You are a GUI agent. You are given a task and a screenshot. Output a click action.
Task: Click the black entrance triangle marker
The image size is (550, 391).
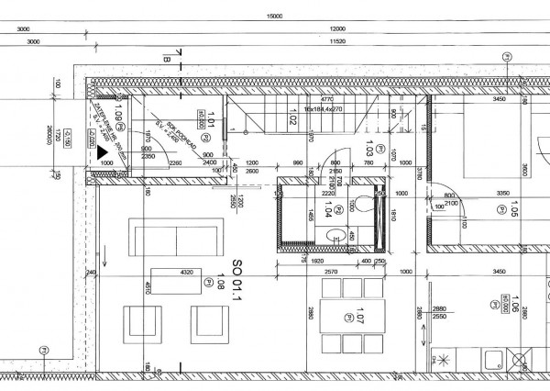[x=104, y=153]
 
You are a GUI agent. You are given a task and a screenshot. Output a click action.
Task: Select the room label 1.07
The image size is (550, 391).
[x=360, y=323]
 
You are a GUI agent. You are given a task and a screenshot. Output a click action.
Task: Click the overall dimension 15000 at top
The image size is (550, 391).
[x=273, y=16]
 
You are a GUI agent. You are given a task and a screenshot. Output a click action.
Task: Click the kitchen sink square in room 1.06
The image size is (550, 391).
[x=523, y=357]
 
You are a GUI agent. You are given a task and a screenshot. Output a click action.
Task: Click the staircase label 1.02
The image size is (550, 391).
[x=292, y=117]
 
